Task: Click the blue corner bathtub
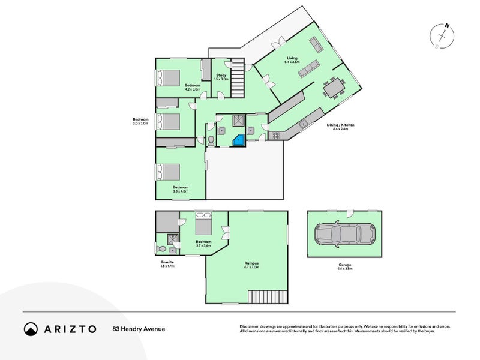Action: tap(239, 140)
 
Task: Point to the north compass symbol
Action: tap(444, 35)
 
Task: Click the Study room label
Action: tap(221, 77)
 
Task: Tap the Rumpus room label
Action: tap(251, 263)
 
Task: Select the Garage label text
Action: tap(344, 265)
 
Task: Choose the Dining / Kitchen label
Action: tap(340, 126)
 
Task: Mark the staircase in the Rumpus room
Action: tap(269, 296)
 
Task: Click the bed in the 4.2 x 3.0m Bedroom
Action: tap(168, 78)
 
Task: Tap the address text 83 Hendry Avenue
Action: tap(139, 329)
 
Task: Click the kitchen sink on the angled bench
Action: tap(304, 124)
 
